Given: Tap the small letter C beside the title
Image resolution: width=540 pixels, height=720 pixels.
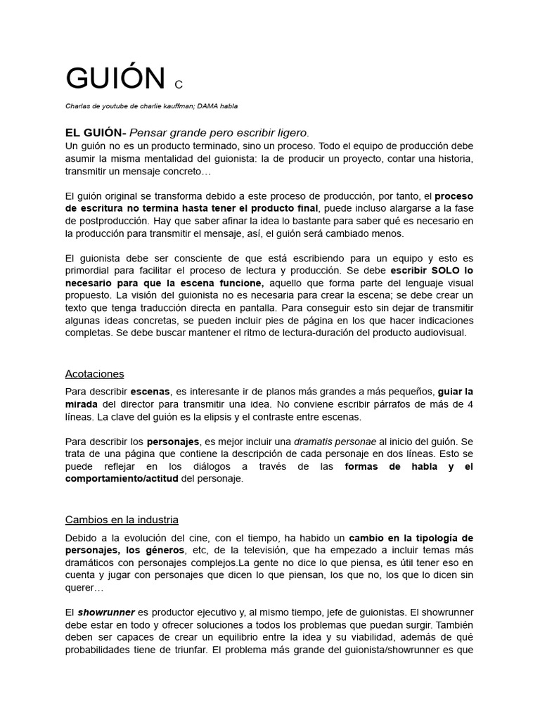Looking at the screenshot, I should click(x=179, y=85).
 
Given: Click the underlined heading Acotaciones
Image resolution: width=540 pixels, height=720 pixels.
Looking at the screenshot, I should click(x=94, y=373).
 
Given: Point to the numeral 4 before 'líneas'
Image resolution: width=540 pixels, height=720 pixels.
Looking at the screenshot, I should click(x=470, y=404).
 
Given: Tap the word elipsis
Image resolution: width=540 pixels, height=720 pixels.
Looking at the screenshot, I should click(x=228, y=416).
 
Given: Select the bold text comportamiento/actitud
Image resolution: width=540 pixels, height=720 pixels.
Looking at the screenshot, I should click(x=122, y=478).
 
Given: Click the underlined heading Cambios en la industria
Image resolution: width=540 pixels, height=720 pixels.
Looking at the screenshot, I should click(x=122, y=520).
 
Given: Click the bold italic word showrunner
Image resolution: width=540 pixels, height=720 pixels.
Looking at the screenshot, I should click(x=106, y=612).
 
